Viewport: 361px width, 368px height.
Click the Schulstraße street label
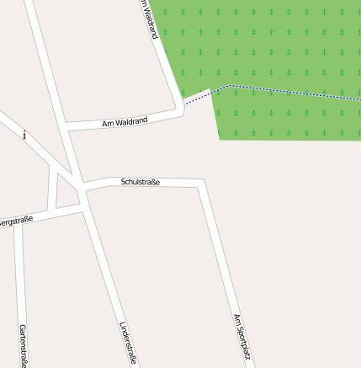(x=140, y=182)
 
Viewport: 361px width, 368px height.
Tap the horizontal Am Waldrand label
(x=125, y=122)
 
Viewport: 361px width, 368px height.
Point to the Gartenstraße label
(x=24, y=345)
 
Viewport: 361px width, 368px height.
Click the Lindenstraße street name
(x=128, y=342)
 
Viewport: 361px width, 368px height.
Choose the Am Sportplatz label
(x=242, y=336)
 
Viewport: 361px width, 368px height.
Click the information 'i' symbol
(x=24, y=135)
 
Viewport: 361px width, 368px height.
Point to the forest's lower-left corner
(x=220, y=138)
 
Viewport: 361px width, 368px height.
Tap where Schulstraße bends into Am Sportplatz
(x=201, y=183)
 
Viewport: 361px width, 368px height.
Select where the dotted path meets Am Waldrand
(x=184, y=104)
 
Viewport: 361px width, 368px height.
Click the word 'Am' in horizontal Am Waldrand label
(x=107, y=125)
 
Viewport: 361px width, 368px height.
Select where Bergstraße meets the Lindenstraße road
(x=82, y=210)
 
